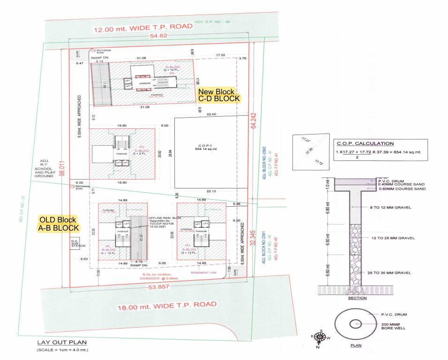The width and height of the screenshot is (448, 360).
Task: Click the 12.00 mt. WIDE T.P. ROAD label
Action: pos(143,28)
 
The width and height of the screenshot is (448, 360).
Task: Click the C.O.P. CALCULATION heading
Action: pos(365,143)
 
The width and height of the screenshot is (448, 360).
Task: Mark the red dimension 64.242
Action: pos(254,121)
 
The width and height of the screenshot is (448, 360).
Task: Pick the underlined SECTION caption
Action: pos(357,298)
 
